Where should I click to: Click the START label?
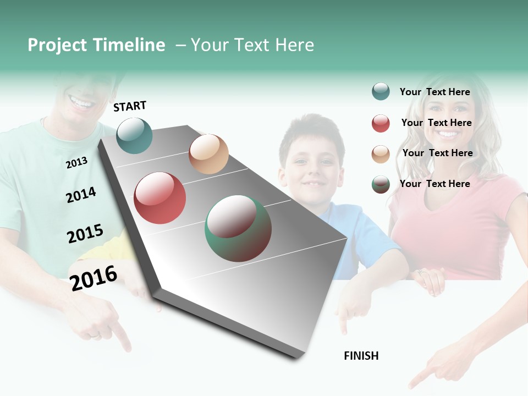(130, 106)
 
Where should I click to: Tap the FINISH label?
(361, 356)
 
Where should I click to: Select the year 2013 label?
(76, 163)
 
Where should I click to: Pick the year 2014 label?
(81, 195)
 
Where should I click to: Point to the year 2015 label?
(85, 234)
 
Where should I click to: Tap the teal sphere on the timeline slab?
(135, 135)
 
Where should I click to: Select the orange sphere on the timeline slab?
(208, 154)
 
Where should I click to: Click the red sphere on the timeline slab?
(159, 198)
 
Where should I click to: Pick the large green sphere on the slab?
(238, 228)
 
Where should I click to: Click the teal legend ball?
(381, 91)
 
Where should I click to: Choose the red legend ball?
(381, 123)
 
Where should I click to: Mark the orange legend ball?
(381, 154)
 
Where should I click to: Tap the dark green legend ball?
(381, 184)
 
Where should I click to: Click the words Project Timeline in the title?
(96, 45)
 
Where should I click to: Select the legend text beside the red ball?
(436, 123)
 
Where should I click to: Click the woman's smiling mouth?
(447, 133)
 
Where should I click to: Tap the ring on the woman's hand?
(421, 272)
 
